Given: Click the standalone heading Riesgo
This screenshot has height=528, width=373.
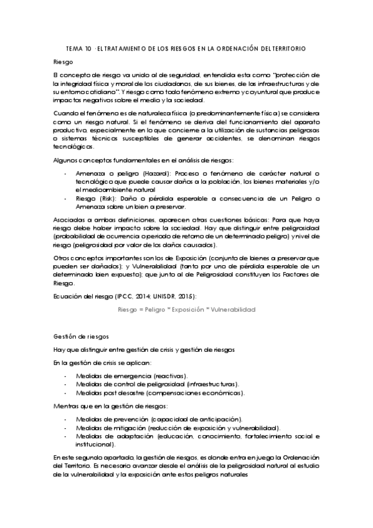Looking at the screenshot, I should [x=64, y=62].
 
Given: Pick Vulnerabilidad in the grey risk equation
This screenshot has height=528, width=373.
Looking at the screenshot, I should [x=232, y=309].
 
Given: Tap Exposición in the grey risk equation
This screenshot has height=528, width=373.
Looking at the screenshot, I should [x=192, y=309].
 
